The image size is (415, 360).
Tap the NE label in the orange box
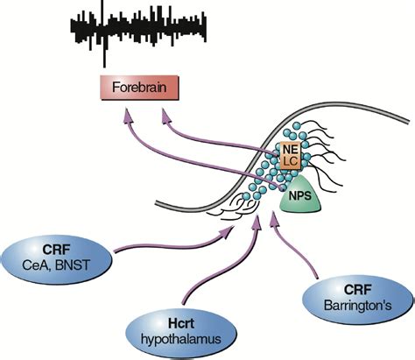(x=289, y=152)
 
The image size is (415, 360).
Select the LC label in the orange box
(x=290, y=166)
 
